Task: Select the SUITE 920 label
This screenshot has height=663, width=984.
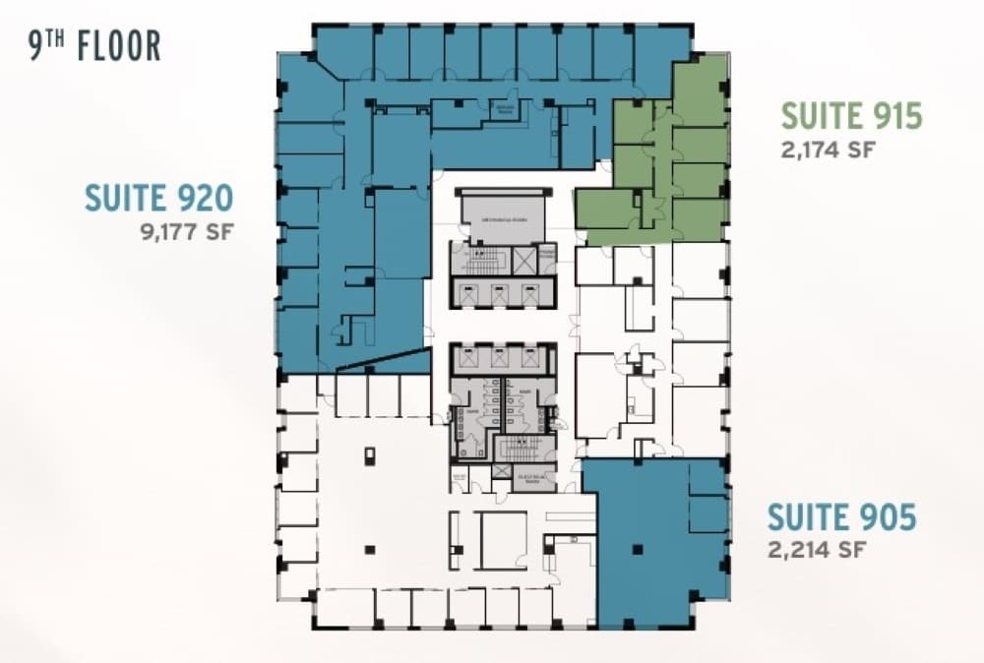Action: [x=158, y=199]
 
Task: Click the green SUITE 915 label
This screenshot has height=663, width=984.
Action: [x=851, y=116]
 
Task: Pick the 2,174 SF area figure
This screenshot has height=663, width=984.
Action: [x=828, y=150]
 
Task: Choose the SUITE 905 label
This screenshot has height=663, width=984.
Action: [x=841, y=516]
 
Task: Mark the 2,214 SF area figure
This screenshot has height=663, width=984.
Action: [x=817, y=549]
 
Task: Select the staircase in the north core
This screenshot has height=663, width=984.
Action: [x=481, y=261]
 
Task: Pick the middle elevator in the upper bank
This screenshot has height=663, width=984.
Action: [x=502, y=292]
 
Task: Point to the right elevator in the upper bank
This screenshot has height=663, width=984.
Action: [x=531, y=292]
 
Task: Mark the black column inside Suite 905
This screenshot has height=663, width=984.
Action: [x=639, y=548]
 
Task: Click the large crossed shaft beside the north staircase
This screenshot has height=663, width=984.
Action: [x=524, y=261]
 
